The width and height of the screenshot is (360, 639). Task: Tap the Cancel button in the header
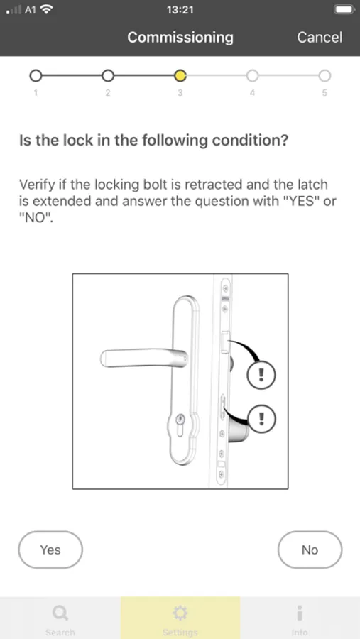tap(320, 38)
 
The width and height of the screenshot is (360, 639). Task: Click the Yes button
tap(50, 550)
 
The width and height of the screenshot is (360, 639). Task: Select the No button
tap(310, 550)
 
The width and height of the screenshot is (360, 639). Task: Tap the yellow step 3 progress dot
tap(180, 75)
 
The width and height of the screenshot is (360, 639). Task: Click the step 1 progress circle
tap(36, 75)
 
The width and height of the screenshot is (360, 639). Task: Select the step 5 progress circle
tap(324, 75)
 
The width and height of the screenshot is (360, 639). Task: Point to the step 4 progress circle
tap(252, 75)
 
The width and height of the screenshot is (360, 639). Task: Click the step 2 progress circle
tap(108, 75)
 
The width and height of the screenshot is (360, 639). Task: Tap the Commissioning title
tap(180, 38)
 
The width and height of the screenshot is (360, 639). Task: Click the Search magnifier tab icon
tap(60, 613)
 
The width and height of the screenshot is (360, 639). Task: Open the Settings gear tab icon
tap(180, 613)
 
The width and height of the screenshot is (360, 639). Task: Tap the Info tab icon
tap(300, 613)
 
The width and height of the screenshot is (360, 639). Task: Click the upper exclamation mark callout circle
tap(261, 375)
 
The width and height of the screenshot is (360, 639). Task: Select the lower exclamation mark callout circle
tap(261, 418)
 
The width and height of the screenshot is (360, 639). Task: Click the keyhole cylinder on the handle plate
tap(180, 420)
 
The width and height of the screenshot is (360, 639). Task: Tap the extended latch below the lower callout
tap(237, 432)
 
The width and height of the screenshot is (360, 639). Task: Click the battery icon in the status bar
tap(344, 10)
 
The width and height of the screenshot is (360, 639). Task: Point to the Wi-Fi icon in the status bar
tap(48, 9)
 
